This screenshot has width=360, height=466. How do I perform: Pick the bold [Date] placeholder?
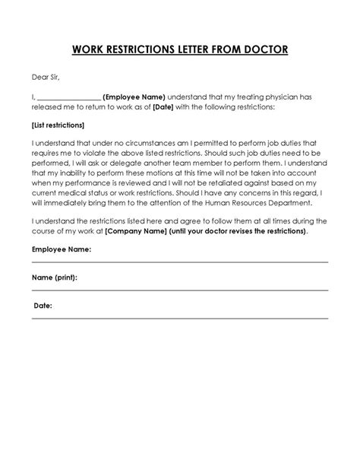click(x=163, y=108)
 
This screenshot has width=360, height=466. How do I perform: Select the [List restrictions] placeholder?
click(x=58, y=125)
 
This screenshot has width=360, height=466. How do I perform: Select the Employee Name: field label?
click(x=62, y=249)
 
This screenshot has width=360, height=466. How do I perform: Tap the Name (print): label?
click(x=55, y=277)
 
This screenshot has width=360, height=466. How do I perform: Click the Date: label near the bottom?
click(x=43, y=305)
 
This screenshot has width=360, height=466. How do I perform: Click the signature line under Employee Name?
click(x=179, y=262)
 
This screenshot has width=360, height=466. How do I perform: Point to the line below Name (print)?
click(x=179, y=291)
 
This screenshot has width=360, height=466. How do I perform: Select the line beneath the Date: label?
click(x=179, y=319)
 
